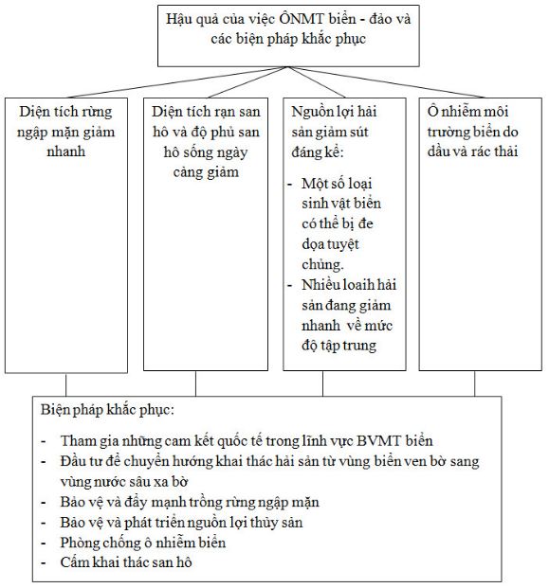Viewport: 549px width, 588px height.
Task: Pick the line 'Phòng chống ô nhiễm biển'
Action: pos(141,543)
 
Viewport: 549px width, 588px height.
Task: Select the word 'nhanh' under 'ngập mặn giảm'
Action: pos(65,151)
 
